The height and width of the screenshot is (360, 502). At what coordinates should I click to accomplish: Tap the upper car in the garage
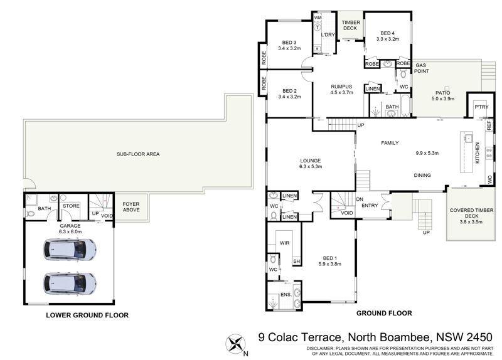[70, 249]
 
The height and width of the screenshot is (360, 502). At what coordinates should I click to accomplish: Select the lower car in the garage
[70, 283]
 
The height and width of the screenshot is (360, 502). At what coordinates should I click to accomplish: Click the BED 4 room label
[387, 33]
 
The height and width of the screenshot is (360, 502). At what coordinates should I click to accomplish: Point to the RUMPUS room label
[341, 87]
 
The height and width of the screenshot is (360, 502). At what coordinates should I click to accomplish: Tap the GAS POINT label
[421, 68]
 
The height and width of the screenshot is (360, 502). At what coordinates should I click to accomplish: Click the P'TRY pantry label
[481, 107]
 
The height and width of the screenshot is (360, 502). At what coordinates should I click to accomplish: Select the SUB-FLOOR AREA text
[138, 154]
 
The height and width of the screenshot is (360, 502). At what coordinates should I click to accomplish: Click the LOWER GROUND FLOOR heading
[87, 315]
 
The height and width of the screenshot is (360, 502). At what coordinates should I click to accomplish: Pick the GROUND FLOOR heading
[384, 314]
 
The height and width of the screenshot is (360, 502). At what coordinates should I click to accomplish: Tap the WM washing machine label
[318, 18]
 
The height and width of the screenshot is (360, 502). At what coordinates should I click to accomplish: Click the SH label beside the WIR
[296, 262]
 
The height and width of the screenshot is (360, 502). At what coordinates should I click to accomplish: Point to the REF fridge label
[489, 125]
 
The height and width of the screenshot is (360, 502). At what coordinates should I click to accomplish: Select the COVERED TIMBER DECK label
[471, 213]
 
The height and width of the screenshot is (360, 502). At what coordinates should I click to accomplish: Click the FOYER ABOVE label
[131, 207]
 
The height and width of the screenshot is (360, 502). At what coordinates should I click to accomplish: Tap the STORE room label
[71, 206]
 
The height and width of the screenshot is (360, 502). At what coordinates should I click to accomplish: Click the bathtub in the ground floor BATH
[405, 105]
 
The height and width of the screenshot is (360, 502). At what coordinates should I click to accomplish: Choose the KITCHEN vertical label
[478, 152]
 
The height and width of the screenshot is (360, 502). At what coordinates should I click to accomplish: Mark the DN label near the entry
[360, 199]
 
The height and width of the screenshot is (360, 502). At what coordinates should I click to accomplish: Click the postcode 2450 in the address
[479, 337]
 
